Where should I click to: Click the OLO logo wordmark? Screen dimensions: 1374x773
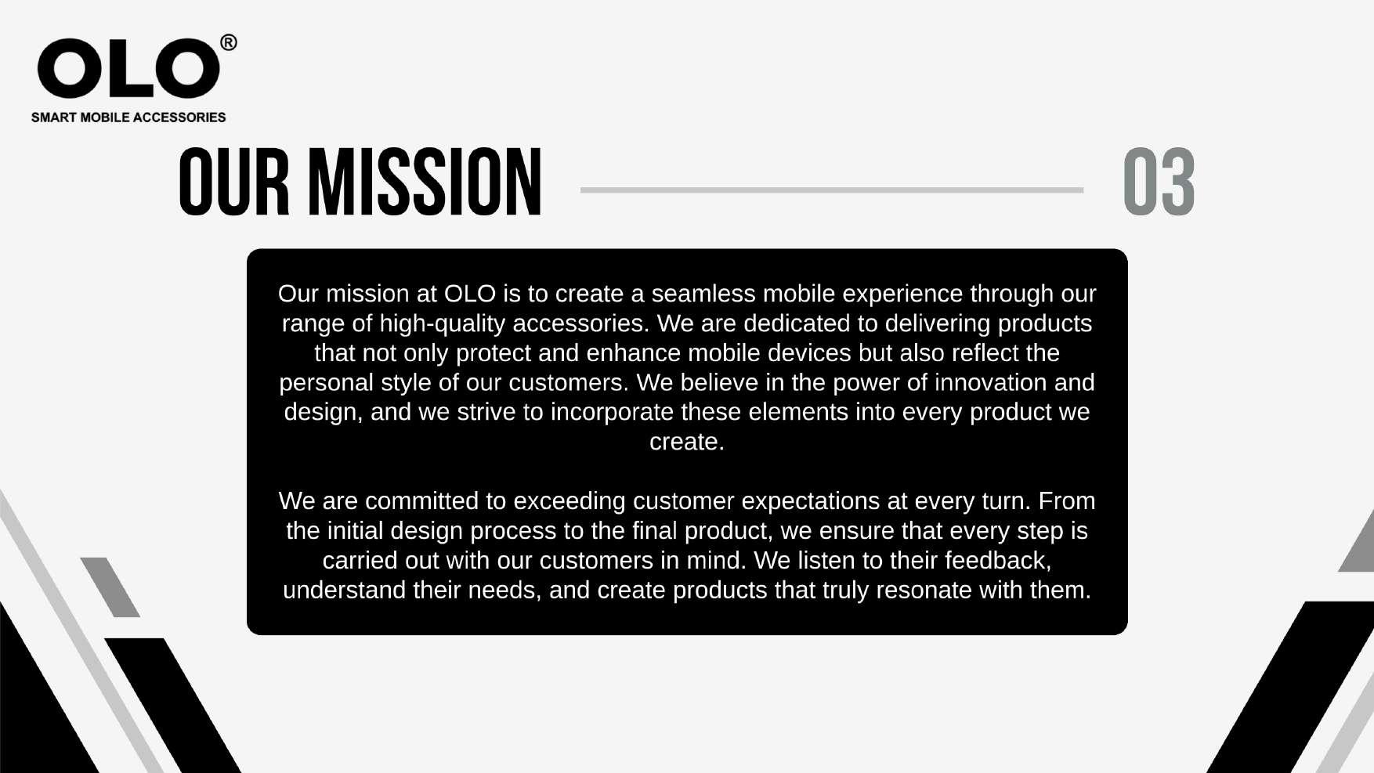click(128, 69)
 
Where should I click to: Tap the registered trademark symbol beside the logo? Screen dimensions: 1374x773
click(229, 42)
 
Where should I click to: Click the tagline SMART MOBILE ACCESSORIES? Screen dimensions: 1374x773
click(128, 117)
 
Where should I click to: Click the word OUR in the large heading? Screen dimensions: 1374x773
click(234, 182)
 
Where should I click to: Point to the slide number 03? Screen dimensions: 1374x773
click(1159, 182)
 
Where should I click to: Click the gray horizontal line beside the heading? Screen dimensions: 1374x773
click(832, 190)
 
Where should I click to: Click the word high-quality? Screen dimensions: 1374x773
click(443, 324)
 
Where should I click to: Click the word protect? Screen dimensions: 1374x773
click(494, 354)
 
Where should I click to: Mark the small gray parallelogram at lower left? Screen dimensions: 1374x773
click(110, 587)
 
